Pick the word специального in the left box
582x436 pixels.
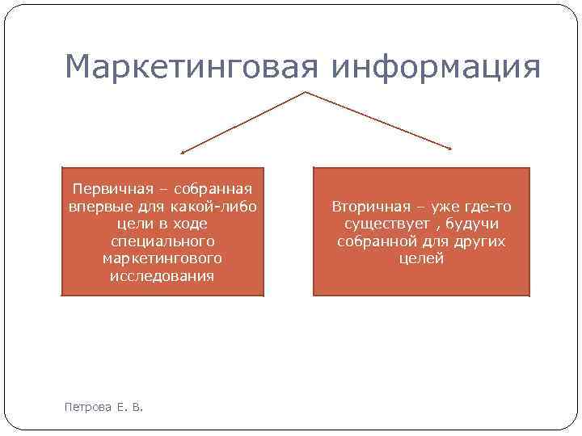162,241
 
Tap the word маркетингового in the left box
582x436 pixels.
162,258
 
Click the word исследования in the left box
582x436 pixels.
162,276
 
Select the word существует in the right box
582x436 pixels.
377,224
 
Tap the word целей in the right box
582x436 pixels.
421,258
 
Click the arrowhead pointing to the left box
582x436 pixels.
183,151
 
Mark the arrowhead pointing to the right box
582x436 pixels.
449,147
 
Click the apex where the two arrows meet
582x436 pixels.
306,92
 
